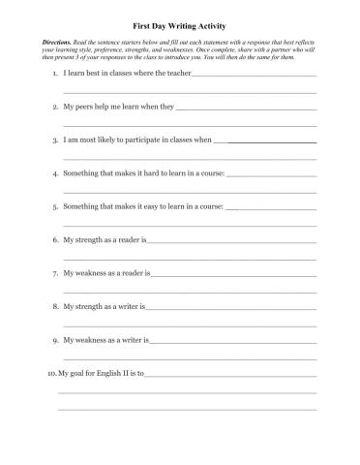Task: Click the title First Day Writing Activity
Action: click(x=179, y=28)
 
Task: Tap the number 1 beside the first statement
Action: click(x=54, y=74)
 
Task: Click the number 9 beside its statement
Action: click(x=54, y=340)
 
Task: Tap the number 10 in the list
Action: click(x=50, y=373)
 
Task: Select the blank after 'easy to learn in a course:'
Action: click(x=271, y=208)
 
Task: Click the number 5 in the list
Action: click(x=54, y=206)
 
